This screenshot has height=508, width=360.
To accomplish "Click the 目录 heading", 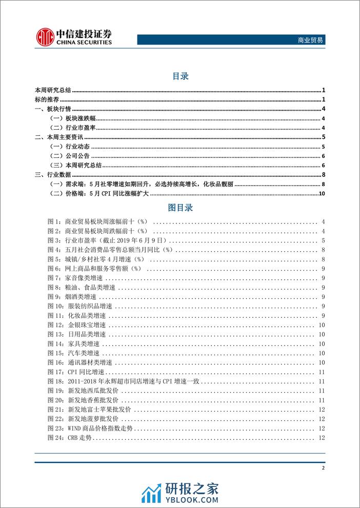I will point(180,76).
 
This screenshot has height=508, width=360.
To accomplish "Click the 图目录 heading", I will point(180,208).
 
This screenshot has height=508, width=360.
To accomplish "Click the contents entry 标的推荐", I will point(47,99).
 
